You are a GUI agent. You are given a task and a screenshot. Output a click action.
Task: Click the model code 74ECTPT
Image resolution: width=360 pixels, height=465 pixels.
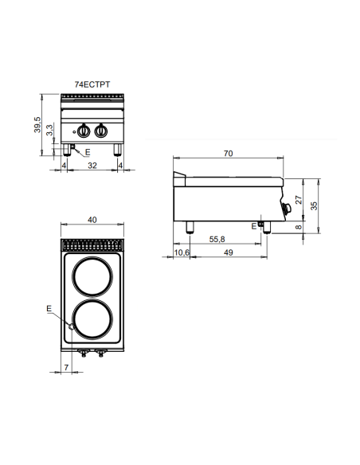(92, 84)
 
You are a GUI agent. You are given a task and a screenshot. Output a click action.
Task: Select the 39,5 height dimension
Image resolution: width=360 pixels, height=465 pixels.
(37, 125)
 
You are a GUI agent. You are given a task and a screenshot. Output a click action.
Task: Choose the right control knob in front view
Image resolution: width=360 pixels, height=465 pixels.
(101, 131)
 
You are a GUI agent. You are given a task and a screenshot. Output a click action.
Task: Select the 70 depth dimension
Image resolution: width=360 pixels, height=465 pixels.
(229, 155)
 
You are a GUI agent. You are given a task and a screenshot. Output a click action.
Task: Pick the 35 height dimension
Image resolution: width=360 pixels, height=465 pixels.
(316, 205)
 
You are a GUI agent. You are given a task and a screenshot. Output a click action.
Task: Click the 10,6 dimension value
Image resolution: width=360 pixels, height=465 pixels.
(182, 252)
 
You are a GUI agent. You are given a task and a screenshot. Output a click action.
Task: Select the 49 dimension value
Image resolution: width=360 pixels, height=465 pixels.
(228, 252)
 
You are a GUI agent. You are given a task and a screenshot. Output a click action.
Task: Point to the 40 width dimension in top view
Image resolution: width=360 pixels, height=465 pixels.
(92, 220)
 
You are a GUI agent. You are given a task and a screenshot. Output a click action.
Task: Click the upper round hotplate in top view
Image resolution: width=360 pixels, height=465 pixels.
(92, 279)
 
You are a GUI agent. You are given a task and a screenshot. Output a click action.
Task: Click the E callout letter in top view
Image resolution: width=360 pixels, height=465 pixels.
(49, 307)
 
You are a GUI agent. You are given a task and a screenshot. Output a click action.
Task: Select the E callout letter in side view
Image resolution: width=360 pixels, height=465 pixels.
(253, 227)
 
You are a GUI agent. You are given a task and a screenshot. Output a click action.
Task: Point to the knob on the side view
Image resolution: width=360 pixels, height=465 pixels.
(287, 209)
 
